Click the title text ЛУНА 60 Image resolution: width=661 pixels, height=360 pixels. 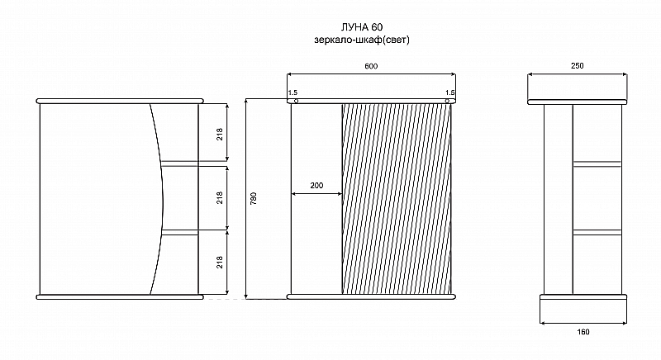point(362,27)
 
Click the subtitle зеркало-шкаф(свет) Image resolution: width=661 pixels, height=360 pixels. point(362,40)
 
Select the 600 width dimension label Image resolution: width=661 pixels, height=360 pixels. point(371,66)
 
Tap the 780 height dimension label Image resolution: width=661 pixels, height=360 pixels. point(254,199)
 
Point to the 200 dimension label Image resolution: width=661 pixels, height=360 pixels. point(316,186)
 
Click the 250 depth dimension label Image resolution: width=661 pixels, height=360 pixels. point(577,66)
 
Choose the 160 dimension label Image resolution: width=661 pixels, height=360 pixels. point(583,332)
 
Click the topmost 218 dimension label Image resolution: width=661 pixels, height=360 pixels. point(220,135)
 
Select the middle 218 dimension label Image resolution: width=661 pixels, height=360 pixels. point(220,198)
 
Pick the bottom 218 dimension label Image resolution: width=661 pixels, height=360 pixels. point(220,263)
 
